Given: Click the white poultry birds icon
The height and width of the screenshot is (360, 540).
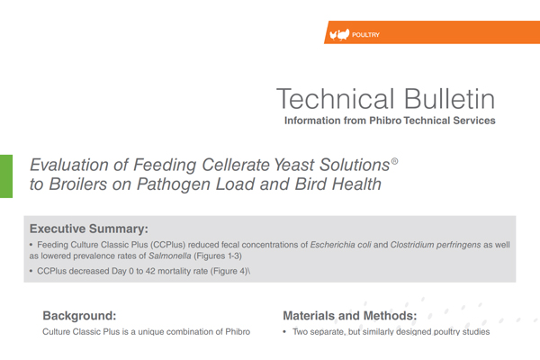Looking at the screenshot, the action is tap(339, 34).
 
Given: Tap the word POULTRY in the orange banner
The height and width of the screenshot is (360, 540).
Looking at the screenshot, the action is tap(365, 35).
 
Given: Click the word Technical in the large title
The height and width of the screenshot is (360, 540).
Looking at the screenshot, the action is tap(335, 99).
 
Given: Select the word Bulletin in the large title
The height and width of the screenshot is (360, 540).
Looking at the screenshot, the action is tap(449, 99).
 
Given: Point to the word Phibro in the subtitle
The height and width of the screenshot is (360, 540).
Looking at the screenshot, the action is tap(385, 121).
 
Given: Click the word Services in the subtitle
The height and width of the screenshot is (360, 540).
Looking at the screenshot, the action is tap(474, 121).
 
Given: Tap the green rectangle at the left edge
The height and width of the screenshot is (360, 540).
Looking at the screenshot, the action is tap(6, 176).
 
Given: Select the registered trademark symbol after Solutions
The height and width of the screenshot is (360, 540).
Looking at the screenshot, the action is tap(395, 161).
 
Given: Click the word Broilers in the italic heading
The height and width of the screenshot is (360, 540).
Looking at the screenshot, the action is tap(77, 184).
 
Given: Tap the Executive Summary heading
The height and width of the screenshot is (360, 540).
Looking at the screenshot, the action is tap(89, 229).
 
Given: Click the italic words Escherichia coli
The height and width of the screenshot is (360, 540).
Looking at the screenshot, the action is tap(340, 245).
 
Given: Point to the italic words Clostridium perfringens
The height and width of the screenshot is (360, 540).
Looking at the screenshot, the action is tap(436, 245).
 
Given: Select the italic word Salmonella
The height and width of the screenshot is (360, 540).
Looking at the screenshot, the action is tap(170, 256).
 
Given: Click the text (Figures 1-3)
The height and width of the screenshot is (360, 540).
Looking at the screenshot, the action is tap(218, 256).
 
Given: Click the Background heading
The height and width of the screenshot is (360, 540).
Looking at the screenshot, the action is tap(79, 316).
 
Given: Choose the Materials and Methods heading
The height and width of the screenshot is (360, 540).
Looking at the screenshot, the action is tap(350, 316).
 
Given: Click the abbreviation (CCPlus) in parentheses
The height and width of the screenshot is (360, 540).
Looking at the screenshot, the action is tap(167, 245).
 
